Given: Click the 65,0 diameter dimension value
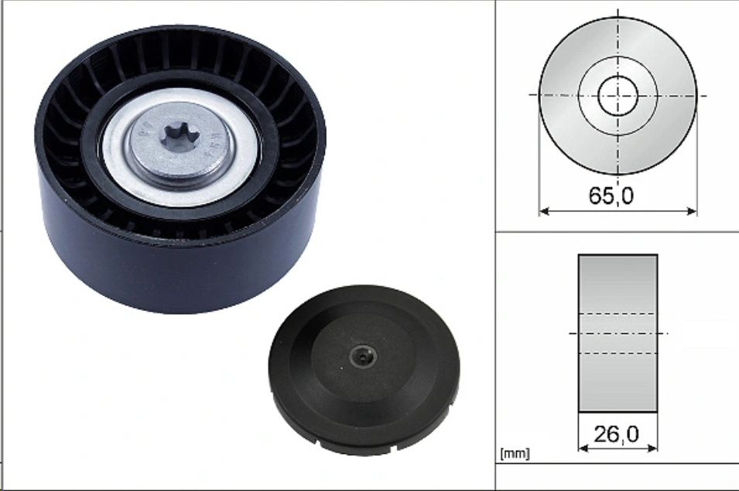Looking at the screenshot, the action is click(x=611, y=196).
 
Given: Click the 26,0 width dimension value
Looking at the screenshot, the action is click(x=617, y=434).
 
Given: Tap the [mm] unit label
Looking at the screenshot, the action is click(x=515, y=454).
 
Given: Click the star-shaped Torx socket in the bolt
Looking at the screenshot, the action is click(x=180, y=137).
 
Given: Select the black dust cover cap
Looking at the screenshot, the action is click(x=364, y=370).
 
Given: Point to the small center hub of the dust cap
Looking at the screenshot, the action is click(x=363, y=357).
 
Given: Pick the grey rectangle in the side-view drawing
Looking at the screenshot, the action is click(x=618, y=333).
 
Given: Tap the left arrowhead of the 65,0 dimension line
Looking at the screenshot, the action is click(x=543, y=211).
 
